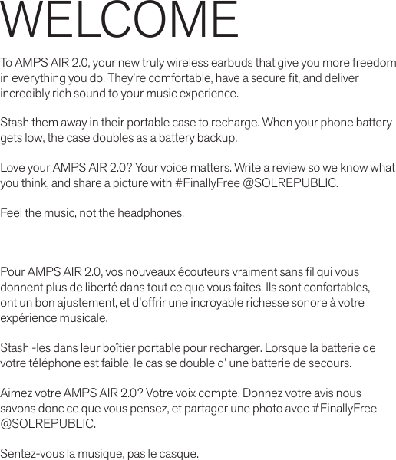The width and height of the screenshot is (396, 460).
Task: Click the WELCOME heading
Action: pos(120,21)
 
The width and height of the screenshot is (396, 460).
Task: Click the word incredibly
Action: pos(27,94)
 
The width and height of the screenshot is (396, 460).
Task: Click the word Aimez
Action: pos(18,393)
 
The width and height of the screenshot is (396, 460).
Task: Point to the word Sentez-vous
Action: pos(33,453)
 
